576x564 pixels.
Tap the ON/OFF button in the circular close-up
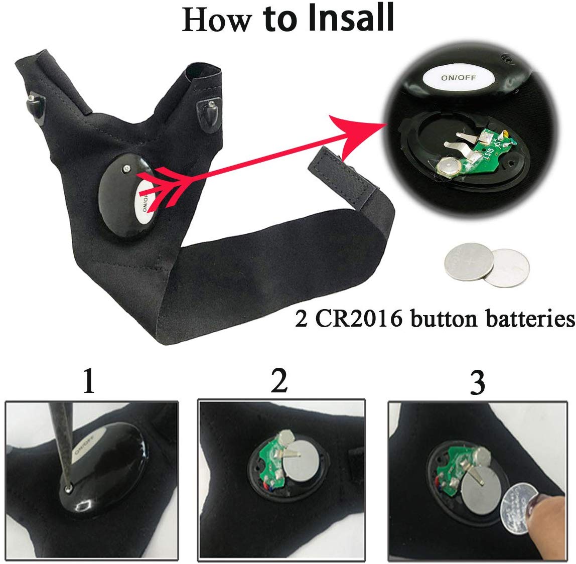click(457, 78)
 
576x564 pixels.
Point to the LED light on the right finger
click(211, 108)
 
